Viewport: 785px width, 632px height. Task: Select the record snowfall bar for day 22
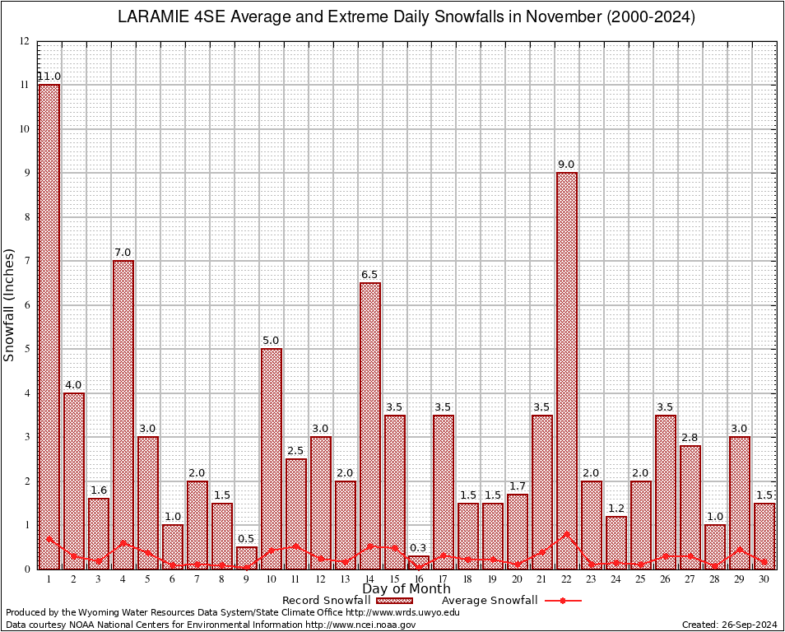coord(567,370)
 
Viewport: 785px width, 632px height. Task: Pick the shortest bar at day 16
coord(419,562)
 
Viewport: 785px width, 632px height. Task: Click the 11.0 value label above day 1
coord(49,77)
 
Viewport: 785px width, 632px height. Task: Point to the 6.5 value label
coord(370,275)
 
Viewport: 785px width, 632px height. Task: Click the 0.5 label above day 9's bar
coord(247,539)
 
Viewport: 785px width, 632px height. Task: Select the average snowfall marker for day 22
coord(567,534)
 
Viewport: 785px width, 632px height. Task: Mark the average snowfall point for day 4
coord(123,543)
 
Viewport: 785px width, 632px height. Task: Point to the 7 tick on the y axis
coord(27,261)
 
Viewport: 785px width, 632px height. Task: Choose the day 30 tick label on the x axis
coord(764,579)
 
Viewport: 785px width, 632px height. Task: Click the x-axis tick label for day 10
coord(272,579)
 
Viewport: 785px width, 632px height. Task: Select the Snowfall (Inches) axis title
coord(10,304)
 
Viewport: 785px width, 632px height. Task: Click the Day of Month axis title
coord(406,589)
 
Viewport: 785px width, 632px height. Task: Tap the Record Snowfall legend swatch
coord(394,601)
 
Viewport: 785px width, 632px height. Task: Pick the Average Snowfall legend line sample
coord(563,601)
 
